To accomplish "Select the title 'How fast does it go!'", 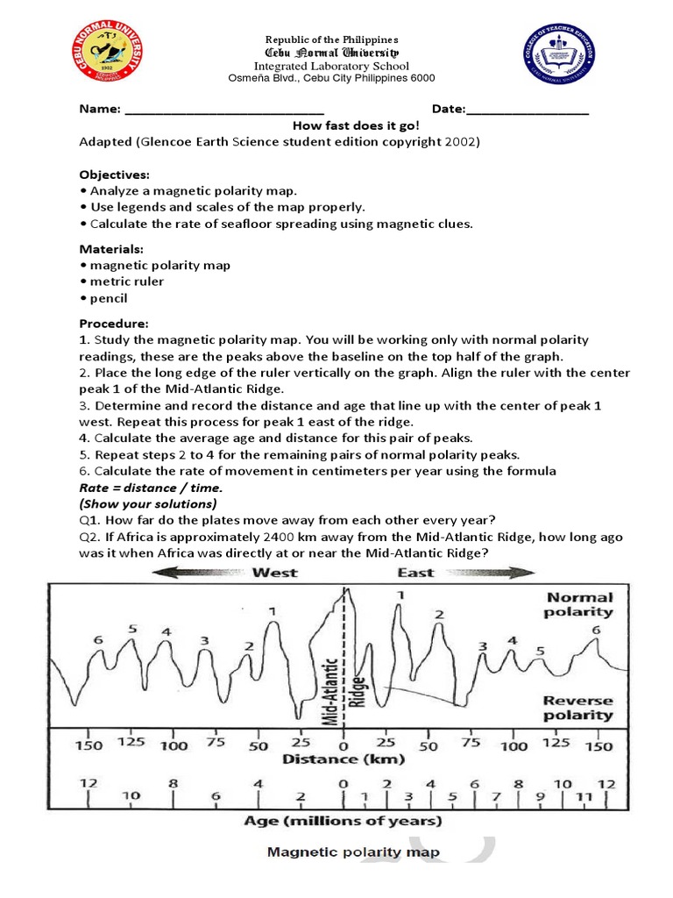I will [355, 125].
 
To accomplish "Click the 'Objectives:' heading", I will [114, 175].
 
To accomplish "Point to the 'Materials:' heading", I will [111, 249].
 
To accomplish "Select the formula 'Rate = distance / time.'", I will [151, 488].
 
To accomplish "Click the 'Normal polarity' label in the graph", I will [579, 604].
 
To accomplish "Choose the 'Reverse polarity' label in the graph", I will [577, 708].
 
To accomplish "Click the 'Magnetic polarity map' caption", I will [353, 852].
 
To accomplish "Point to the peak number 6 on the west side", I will [98, 640].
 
